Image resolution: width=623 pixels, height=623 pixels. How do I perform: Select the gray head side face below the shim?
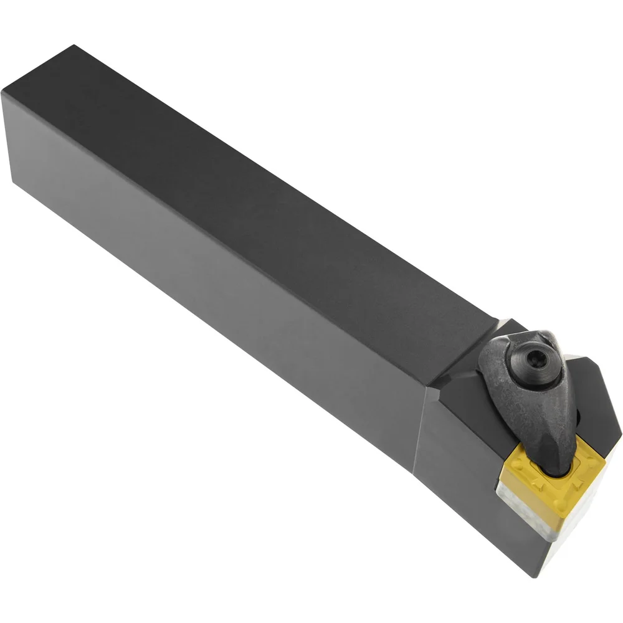(x=473, y=492)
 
